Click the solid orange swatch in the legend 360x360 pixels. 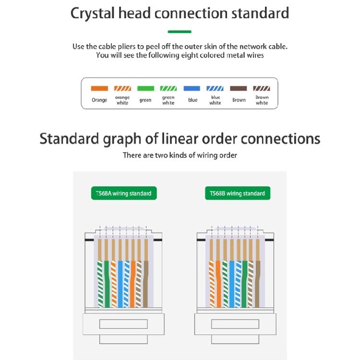(99, 88)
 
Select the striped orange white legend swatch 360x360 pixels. (122, 88)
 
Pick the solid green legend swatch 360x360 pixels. (145, 88)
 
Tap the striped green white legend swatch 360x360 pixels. (168, 88)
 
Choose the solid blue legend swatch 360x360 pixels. (192, 88)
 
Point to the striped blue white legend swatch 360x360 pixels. (215, 88)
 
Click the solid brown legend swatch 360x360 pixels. (238, 88)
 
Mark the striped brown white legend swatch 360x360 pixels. (262, 88)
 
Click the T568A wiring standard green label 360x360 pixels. (124, 193)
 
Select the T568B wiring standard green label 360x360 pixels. (238, 193)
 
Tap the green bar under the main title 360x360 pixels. (180, 32)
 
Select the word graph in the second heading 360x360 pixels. (122, 140)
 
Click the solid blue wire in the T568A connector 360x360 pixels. (120, 284)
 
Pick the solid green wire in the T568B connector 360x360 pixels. (245, 284)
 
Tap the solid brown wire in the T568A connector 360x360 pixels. (145, 284)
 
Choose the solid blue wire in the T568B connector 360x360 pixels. (232, 284)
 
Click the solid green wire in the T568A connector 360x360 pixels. (107, 284)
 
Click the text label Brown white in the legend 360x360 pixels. (262, 100)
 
